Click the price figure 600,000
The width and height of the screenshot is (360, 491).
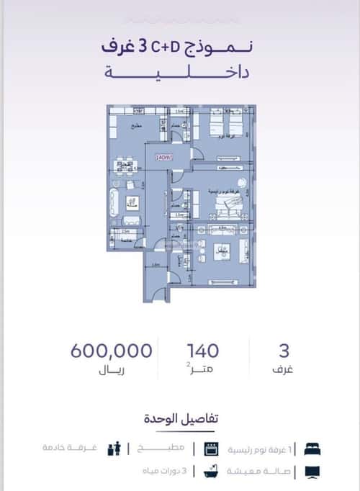coord(112,351)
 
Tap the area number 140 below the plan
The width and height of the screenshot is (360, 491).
coord(202,351)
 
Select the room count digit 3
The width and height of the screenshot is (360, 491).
coord(284,351)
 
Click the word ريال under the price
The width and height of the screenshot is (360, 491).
coord(111,372)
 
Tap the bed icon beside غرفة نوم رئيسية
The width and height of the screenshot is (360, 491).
coord(312,448)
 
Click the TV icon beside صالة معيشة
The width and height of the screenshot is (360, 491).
coord(312,472)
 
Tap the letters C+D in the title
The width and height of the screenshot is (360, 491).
coord(164,47)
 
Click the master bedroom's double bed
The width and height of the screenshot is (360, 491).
coord(229,207)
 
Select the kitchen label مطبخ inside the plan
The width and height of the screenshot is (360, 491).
coord(135,127)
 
